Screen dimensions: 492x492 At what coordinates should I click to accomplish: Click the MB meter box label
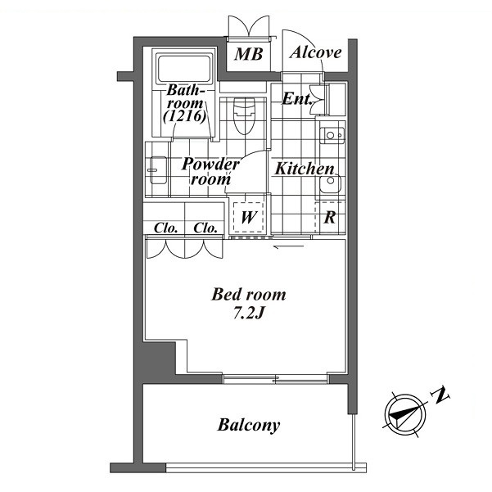coord(248,54)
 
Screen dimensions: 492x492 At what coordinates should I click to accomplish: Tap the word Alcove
coord(315,52)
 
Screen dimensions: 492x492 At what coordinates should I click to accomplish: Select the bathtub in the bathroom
coord(184,69)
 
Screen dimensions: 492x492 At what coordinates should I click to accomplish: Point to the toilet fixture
coord(244,115)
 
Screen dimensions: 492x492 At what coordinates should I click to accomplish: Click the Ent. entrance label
coord(296,99)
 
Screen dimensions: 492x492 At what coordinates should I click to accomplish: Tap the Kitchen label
coord(305,169)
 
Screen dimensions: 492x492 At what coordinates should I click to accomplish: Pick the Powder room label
coord(211,171)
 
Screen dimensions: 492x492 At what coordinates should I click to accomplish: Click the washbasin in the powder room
coord(158,170)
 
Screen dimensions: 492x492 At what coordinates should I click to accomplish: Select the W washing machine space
coord(248,217)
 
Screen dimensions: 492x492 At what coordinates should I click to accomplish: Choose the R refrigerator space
coord(330,217)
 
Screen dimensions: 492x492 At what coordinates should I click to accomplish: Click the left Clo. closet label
coord(166,228)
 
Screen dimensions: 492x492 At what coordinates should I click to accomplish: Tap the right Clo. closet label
coord(205,228)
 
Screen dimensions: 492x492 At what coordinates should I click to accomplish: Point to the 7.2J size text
coord(248,313)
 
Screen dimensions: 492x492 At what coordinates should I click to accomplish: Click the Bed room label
coord(249,295)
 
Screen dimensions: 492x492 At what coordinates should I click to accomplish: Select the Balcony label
coord(249,425)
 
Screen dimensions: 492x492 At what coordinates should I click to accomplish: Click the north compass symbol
coord(405,414)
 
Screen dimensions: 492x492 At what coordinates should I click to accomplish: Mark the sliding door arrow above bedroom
coord(289,246)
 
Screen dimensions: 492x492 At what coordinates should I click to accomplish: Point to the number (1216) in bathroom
coord(185,116)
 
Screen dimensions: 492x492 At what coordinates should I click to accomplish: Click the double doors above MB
coord(249,27)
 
